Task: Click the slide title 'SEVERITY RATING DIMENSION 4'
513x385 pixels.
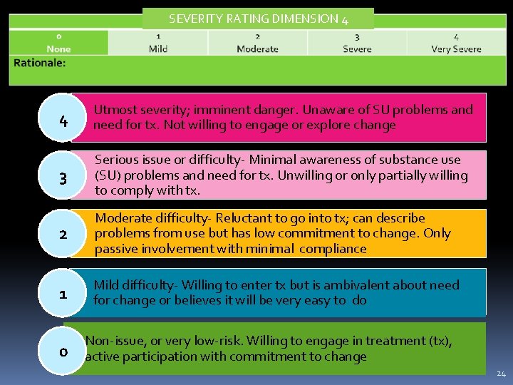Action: click(x=258, y=19)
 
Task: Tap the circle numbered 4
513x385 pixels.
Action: click(x=63, y=121)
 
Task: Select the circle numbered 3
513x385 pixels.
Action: click(x=63, y=179)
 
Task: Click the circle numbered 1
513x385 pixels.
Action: click(x=63, y=294)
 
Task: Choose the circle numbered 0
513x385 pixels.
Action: click(x=63, y=351)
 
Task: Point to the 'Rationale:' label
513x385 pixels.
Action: click(x=39, y=63)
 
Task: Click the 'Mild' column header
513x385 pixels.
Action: click(x=158, y=49)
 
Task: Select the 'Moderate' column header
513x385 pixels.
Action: click(x=257, y=49)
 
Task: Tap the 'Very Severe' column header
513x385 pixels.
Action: click(x=456, y=49)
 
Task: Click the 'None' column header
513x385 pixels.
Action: click(x=58, y=49)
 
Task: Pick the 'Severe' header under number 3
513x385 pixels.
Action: click(x=357, y=49)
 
